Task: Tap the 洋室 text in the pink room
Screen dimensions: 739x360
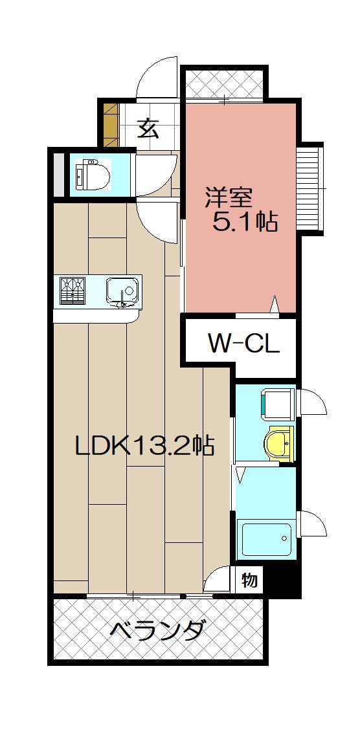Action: pos(229,197)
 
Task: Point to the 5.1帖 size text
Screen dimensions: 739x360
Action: pos(245,223)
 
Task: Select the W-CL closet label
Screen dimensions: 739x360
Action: pos(243,344)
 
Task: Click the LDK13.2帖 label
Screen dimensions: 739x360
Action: pos(144,445)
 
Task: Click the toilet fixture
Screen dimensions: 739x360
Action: pos(94,175)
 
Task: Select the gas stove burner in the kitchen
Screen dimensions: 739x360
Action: pos(73,290)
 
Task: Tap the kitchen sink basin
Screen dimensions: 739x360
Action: pos(122,290)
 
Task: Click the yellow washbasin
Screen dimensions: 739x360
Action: pos(278,443)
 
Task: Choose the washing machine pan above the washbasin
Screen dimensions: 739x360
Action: pos(275,403)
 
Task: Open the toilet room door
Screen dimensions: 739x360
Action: pos(153,173)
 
